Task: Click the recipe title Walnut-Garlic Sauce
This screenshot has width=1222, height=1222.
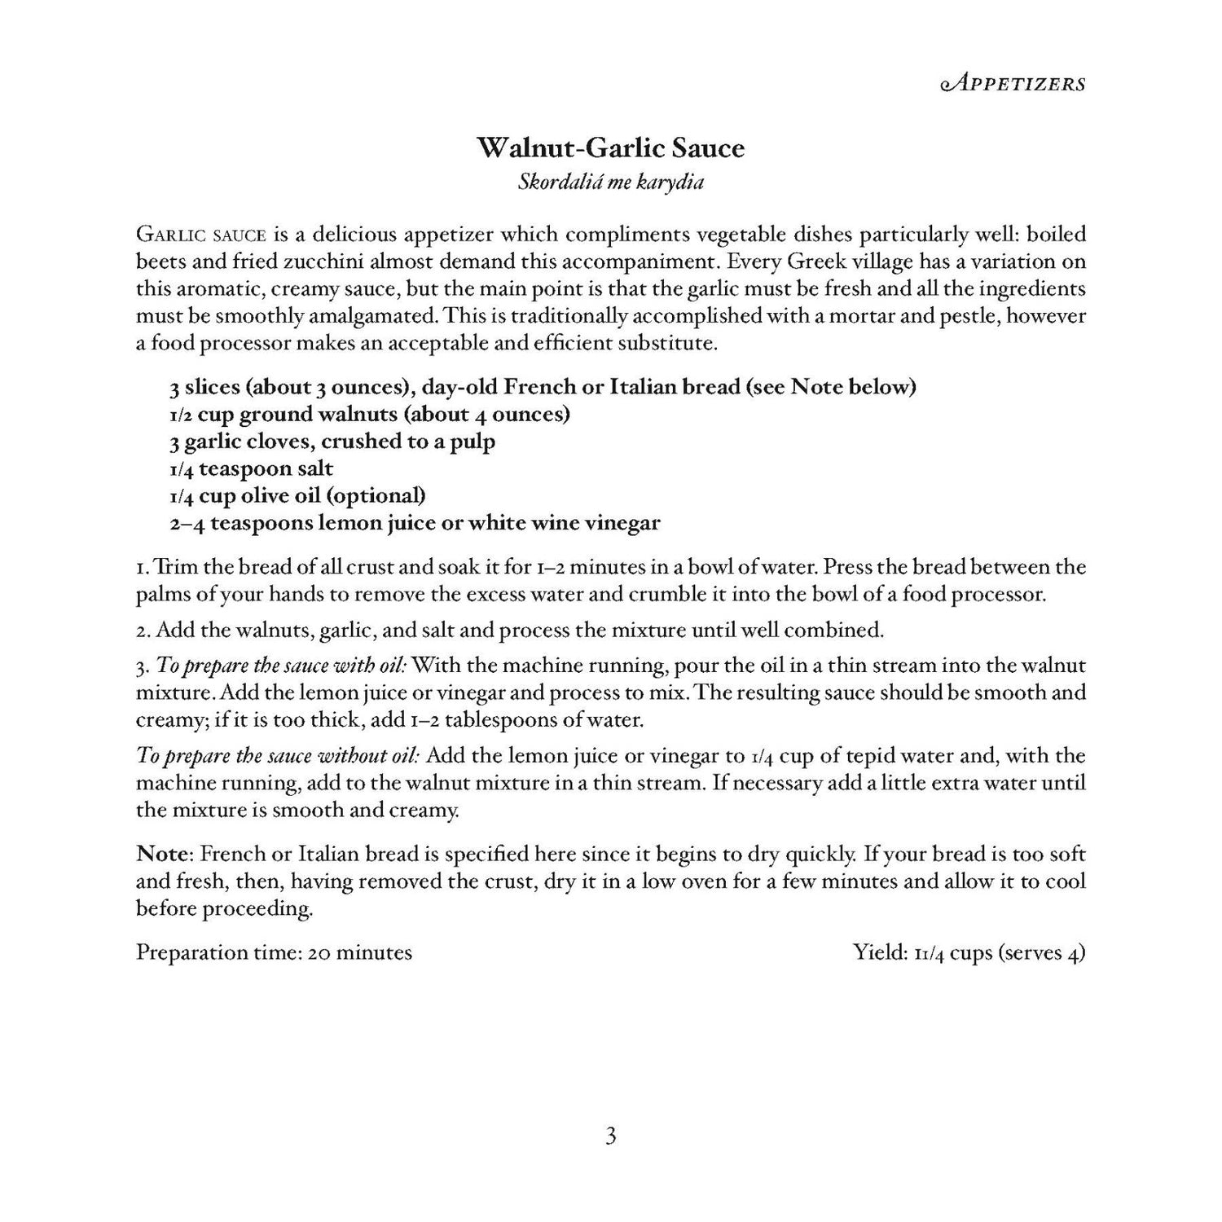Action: (610, 148)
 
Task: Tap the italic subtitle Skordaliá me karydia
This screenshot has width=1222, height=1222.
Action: (610, 182)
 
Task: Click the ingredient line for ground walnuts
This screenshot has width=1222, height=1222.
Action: (369, 414)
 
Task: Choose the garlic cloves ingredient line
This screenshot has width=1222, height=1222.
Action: (332, 442)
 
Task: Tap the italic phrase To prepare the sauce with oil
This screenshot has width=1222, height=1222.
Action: (280, 666)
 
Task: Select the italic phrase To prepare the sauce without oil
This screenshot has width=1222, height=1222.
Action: (278, 756)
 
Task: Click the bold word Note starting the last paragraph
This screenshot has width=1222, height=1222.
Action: (162, 855)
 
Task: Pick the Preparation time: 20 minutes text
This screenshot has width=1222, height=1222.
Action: (274, 952)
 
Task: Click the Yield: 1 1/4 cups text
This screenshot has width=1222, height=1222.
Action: (969, 952)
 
